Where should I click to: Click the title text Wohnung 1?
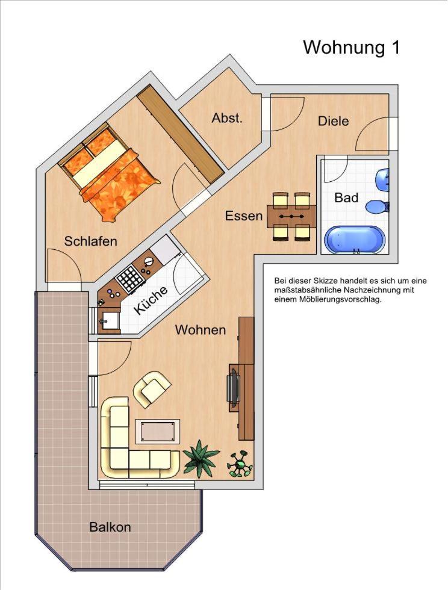[x=351, y=48]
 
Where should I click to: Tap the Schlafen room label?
[x=91, y=241]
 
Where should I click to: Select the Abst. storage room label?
[x=227, y=118]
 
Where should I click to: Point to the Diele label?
[x=333, y=121]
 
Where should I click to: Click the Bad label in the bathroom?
[x=346, y=197]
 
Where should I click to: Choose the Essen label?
[x=244, y=216]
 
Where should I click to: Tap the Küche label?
[x=151, y=300]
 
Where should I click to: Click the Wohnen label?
[x=201, y=330]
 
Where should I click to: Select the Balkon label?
[x=110, y=527]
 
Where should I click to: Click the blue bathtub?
[x=355, y=240]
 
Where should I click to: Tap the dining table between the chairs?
[x=291, y=216]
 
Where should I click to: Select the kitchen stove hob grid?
[x=130, y=278]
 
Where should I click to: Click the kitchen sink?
[x=108, y=321]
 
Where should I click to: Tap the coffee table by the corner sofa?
[x=157, y=431]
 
